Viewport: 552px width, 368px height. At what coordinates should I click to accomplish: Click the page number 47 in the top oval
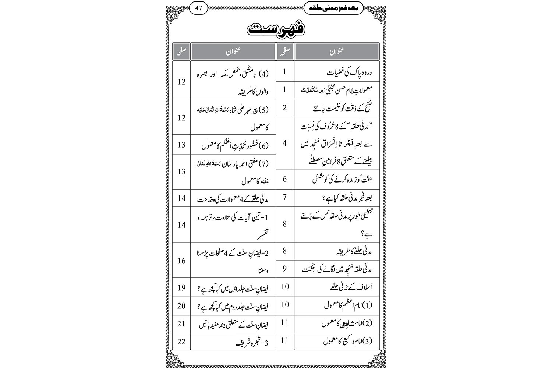pos(198,8)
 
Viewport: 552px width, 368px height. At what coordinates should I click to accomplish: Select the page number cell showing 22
pos(181,342)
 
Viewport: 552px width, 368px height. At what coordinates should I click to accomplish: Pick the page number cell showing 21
pos(181,324)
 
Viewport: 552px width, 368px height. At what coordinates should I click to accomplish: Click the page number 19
pos(181,287)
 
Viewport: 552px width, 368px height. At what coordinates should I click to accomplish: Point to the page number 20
pos(181,305)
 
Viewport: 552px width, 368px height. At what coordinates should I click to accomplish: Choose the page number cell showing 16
pos(181,261)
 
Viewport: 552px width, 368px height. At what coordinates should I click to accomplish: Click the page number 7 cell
pos(284,197)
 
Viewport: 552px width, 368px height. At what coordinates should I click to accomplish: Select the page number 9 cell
pos(284,269)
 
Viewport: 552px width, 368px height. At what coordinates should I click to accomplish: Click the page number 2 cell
pos(284,108)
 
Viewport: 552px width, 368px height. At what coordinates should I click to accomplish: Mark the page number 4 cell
pos(284,143)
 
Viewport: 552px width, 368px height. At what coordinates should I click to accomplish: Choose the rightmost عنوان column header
pos(337,52)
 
